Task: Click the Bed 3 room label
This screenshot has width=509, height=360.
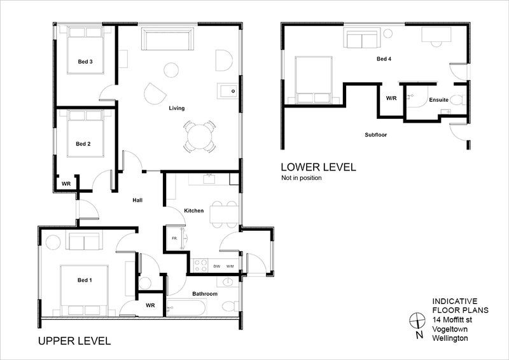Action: (x=85, y=61)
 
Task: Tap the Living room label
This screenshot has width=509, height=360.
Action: (x=177, y=108)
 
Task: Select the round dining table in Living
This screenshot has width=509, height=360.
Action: (x=200, y=137)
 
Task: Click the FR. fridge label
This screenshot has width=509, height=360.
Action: (x=174, y=239)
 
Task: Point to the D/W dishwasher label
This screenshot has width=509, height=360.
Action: (x=217, y=267)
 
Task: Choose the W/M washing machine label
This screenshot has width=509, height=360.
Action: (x=230, y=267)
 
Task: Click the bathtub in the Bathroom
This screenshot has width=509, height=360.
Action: (x=186, y=307)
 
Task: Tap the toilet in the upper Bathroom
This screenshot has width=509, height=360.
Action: (x=231, y=306)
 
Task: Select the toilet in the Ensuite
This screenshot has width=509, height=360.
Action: (x=458, y=100)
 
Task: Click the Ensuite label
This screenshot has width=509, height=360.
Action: (x=438, y=100)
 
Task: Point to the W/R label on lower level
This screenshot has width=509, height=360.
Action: (x=391, y=98)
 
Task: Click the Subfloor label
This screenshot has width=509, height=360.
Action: (x=375, y=135)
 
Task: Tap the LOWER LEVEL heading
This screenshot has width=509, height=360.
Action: (x=319, y=167)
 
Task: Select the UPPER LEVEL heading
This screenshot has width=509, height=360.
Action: (x=74, y=341)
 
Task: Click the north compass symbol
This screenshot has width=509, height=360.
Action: (x=417, y=321)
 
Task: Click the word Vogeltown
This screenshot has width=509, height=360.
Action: (x=450, y=329)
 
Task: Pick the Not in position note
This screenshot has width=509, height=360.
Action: (x=301, y=178)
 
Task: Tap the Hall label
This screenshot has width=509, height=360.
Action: (x=137, y=200)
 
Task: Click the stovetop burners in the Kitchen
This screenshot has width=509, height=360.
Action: (x=200, y=265)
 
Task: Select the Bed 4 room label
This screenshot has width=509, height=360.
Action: (x=384, y=59)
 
